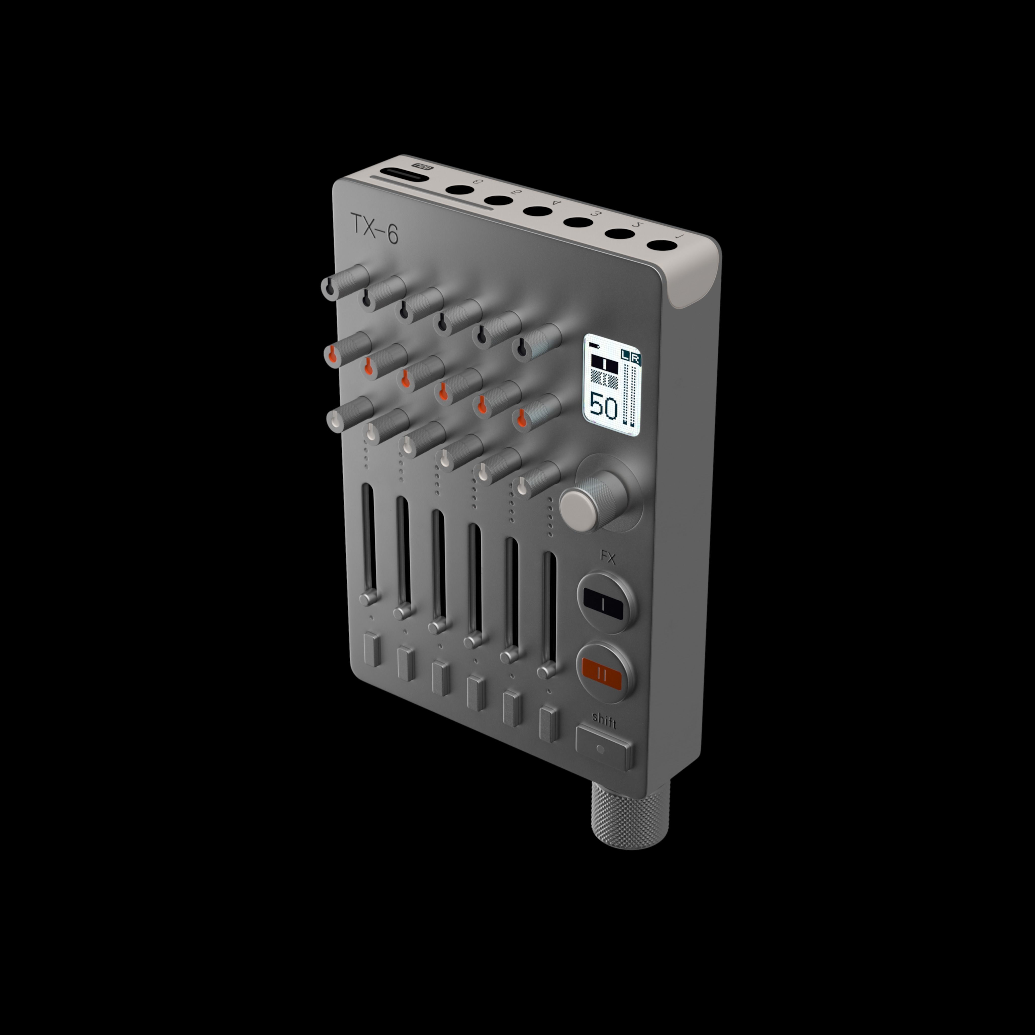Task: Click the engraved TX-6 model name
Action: point(374,229)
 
